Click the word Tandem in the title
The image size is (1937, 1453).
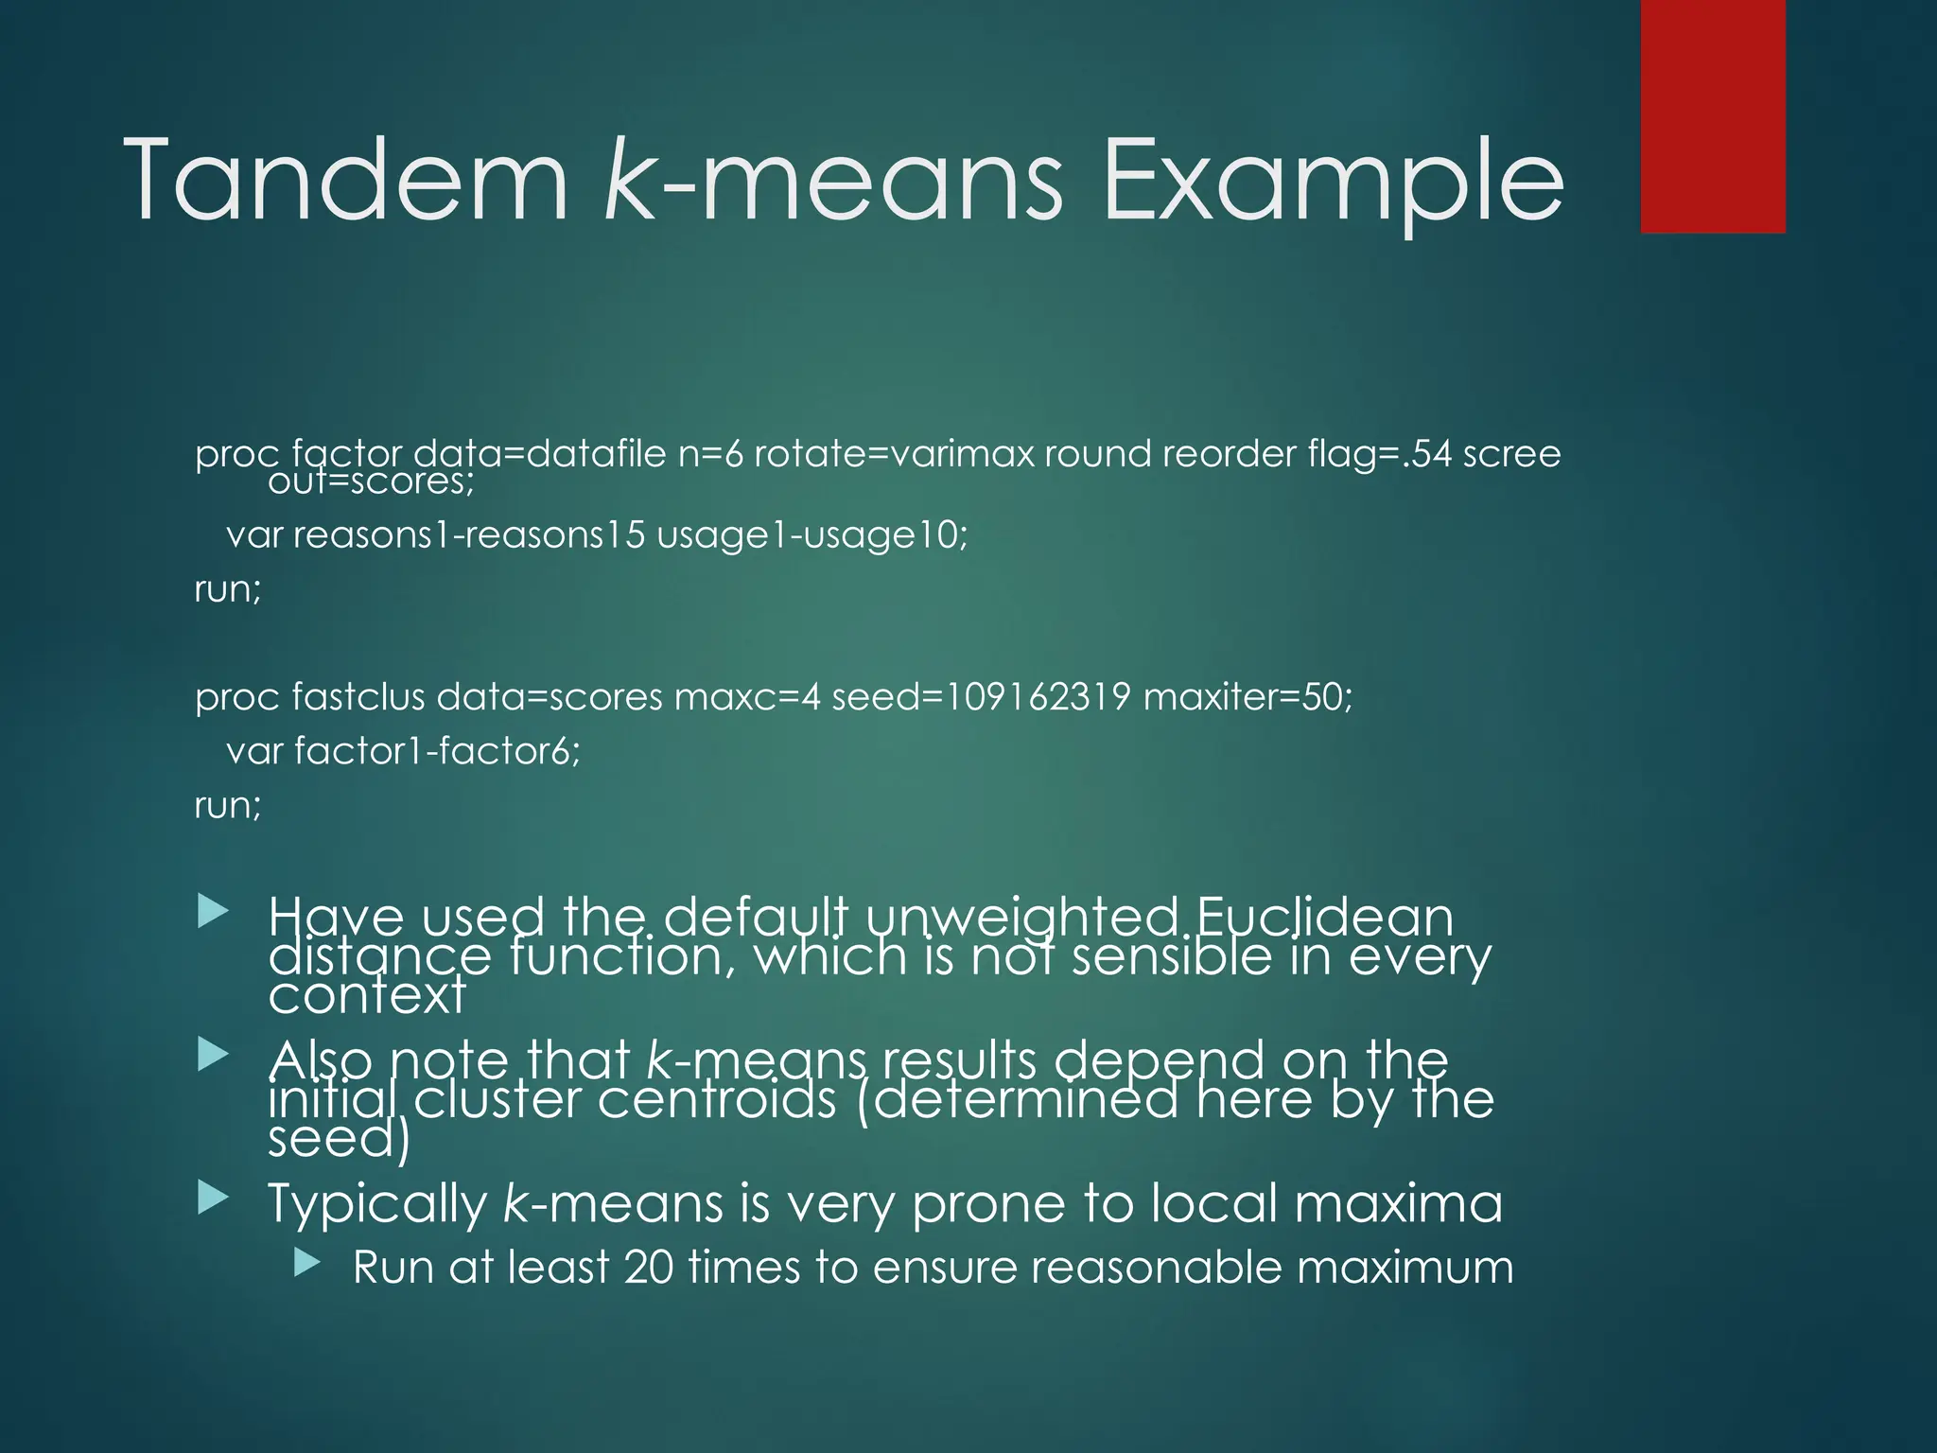pos(345,179)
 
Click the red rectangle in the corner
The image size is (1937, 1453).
pos(1712,115)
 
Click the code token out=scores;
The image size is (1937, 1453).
pos(371,481)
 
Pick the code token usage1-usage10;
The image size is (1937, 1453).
pos(812,535)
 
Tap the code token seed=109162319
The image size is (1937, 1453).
pos(981,697)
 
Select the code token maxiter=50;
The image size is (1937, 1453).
pos(1248,697)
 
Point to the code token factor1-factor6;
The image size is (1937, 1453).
pos(437,751)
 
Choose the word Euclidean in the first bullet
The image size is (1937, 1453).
pos(1324,918)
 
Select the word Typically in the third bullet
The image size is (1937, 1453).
pos(377,1204)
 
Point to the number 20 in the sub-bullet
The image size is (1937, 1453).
pos(649,1268)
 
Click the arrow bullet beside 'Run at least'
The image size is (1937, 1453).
pos(307,1262)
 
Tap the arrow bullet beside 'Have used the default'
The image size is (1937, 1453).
pos(214,913)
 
